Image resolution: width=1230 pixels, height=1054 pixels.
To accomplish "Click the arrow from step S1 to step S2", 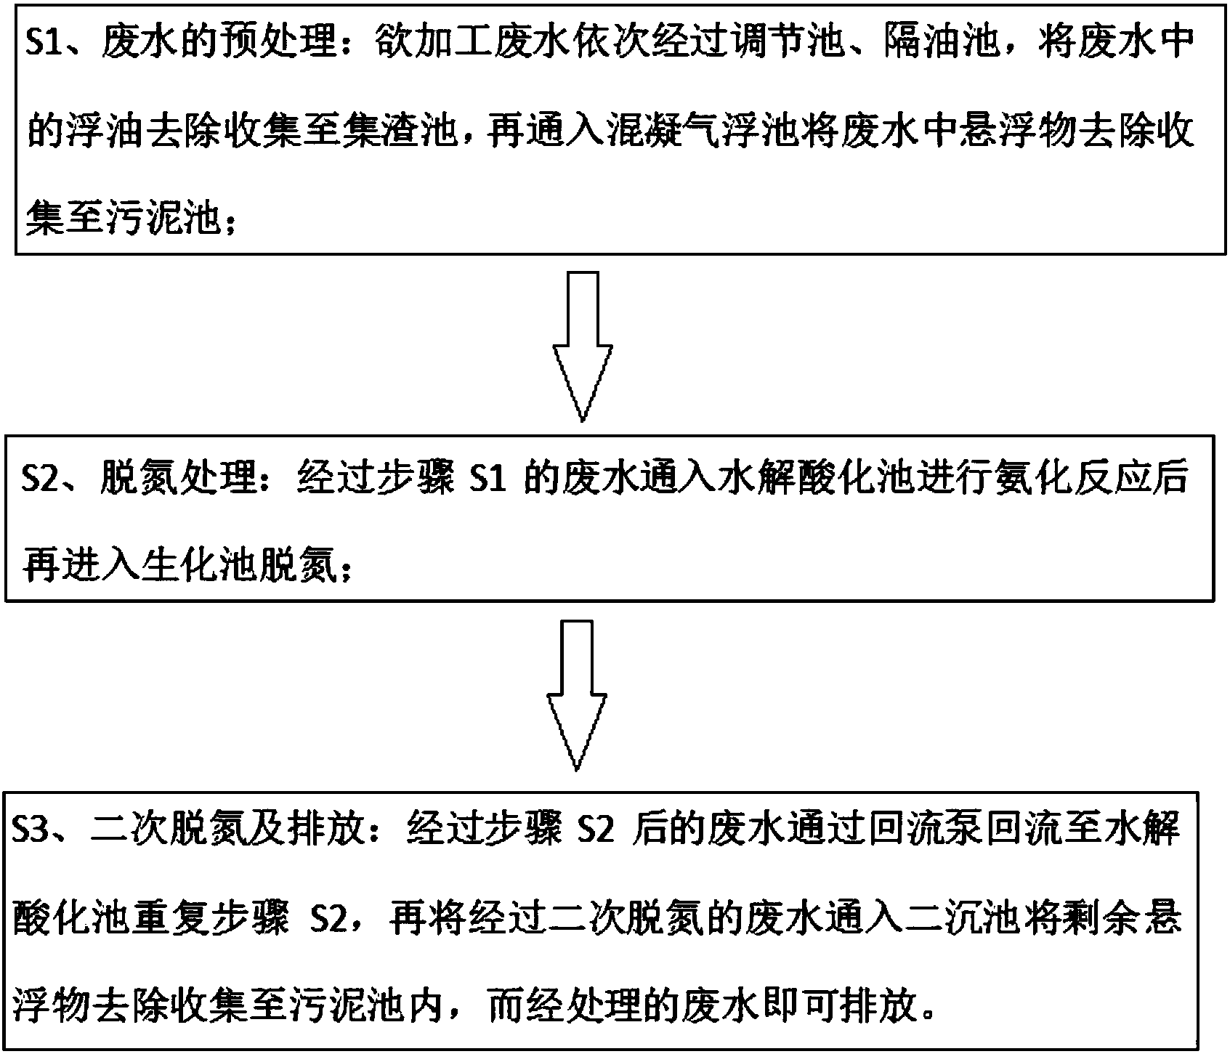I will [581, 346].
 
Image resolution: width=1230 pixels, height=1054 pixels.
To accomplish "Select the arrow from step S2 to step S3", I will [575, 694].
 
